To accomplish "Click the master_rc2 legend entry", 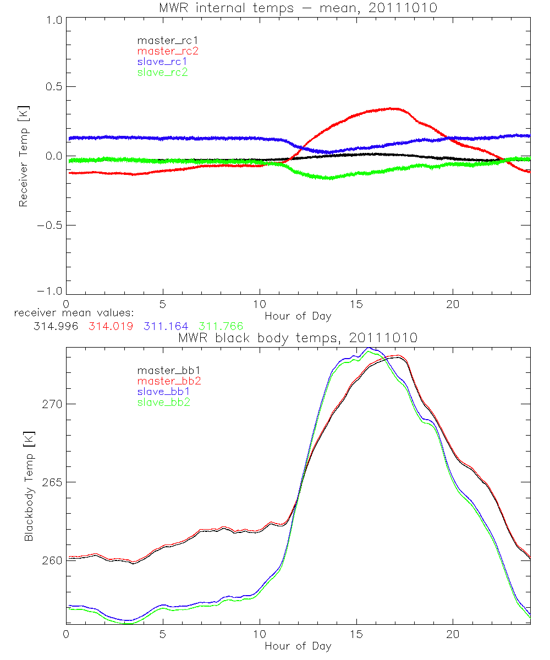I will [x=168, y=51].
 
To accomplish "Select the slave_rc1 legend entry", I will [x=162, y=62].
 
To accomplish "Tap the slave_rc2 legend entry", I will [x=162, y=72].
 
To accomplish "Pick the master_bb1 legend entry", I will [x=168, y=370].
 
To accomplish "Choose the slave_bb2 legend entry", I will [x=162, y=403].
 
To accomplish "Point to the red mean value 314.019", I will [x=110, y=326].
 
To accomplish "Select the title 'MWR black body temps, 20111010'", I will [x=298, y=338].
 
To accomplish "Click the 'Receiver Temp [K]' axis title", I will [x=23, y=157].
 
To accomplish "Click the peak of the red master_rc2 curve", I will [x=392, y=108].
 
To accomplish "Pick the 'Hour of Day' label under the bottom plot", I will [x=298, y=646].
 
